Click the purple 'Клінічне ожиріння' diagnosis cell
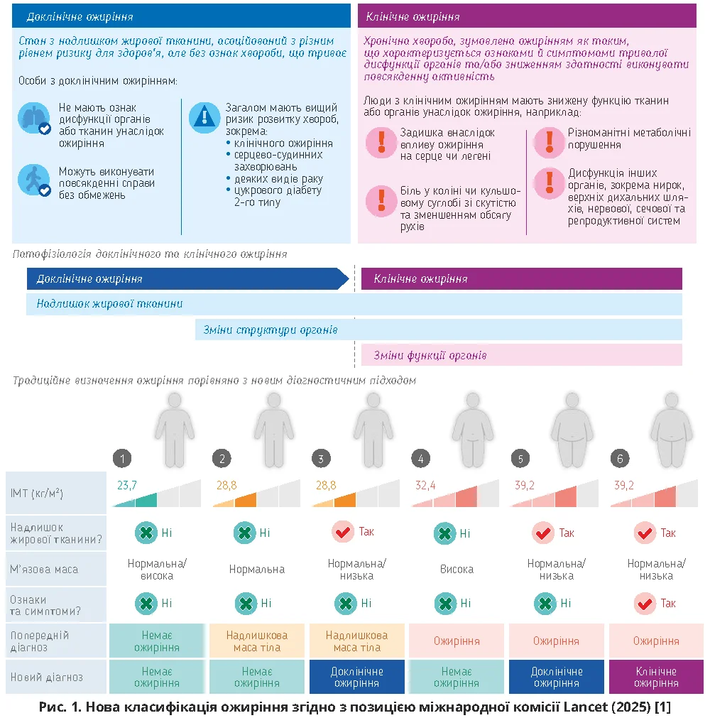coord(655,678)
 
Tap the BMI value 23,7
coord(126,485)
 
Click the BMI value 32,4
coord(425,485)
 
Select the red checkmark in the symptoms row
coord(645,603)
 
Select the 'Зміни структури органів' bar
coord(270,330)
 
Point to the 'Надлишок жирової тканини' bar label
coord(110,304)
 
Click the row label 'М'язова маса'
coord(44,569)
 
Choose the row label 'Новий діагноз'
coord(47,678)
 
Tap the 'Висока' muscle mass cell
coord(457,569)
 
